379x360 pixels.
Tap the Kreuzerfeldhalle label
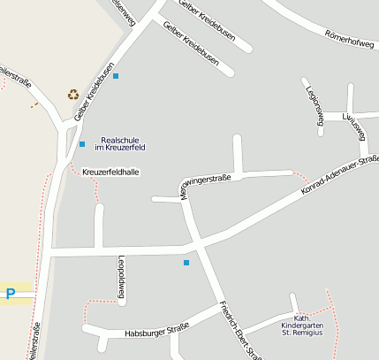[110, 172]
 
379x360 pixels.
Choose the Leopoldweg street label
[122, 277]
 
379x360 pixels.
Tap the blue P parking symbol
[11, 294]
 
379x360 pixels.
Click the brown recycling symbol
[72, 94]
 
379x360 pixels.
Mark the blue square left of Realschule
[82, 144]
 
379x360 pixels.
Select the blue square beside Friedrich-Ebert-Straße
[186, 263]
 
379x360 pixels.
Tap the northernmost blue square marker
[116, 76]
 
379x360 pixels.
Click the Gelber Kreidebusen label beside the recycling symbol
[95, 90]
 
